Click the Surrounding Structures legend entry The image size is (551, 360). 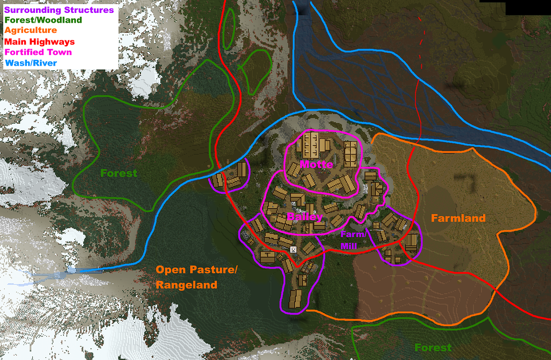[59, 10]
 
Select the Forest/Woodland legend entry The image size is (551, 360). [43, 20]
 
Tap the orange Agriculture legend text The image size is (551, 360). [30, 31]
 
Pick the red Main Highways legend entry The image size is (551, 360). [39, 41]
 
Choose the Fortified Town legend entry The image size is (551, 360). [38, 52]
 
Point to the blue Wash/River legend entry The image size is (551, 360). [30, 63]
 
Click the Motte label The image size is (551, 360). [316, 164]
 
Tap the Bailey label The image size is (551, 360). [305, 217]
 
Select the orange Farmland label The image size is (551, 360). [458, 218]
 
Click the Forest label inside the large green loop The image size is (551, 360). [119, 173]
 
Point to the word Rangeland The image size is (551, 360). [186, 285]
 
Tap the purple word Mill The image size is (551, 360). [348, 246]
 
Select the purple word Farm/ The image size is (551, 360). [354, 235]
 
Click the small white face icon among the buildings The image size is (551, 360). [293, 250]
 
